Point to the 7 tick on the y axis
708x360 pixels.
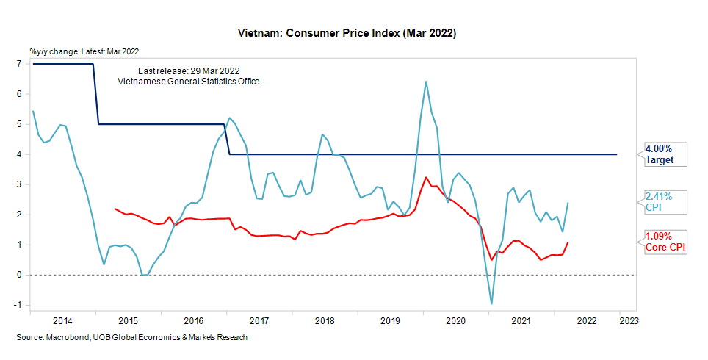pyautogui.click(x=18, y=64)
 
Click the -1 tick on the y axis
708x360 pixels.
pyautogui.click(x=18, y=305)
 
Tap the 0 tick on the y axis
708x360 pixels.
pyautogui.click(x=18, y=275)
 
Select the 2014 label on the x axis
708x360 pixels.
pyautogui.click(x=62, y=321)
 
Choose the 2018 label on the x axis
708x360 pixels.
pyautogui.click(x=325, y=321)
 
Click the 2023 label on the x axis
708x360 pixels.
pyautogui.click(x=628, y=321)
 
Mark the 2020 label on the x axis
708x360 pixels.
pyautogui.click(x=456, y=321)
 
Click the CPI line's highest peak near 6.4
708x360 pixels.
pyautogui.click(x=426, y=82)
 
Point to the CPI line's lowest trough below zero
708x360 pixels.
pyautogui.click(x=491, y=303)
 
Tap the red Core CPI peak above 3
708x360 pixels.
pyautogui.click(x=427, y=177)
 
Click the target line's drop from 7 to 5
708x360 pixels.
pyautogui.click(x=96, y=94)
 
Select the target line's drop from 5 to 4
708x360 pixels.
pyautogui.click(x=227, y=140)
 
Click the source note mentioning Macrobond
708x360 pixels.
pyautogui.click(x=131, y=337)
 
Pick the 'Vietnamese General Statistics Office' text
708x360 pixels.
pyautogui.click(x=189, y=81)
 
